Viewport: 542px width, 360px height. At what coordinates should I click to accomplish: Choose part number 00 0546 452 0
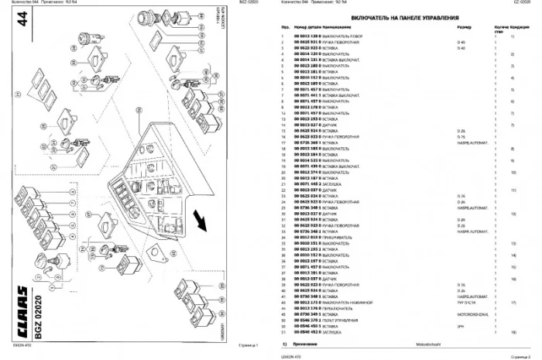(307, 331)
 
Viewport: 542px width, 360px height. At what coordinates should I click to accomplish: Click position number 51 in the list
(285, 331)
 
